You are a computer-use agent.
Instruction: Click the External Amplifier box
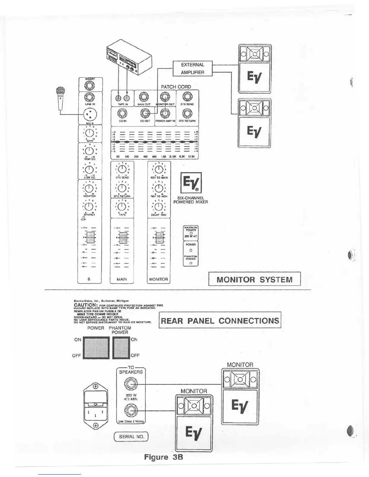point(192,68)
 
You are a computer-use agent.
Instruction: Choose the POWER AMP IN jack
point(165,114)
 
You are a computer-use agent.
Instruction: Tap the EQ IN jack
point(123,114)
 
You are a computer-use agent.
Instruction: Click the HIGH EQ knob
point(89,151)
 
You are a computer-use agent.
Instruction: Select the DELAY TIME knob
point(159,207)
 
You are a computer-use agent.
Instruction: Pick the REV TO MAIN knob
point(159,169)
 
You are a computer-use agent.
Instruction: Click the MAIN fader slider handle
point(122,238)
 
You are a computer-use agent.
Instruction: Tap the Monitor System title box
point(254,279)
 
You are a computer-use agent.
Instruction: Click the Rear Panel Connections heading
point(220,320)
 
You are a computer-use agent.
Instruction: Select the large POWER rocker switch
point(96,348)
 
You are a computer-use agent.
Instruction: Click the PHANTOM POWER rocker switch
point(121,348)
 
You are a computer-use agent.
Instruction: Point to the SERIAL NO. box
point(131,436)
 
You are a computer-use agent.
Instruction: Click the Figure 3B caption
point(163,457)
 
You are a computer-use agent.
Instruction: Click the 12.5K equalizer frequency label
point(191,157)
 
